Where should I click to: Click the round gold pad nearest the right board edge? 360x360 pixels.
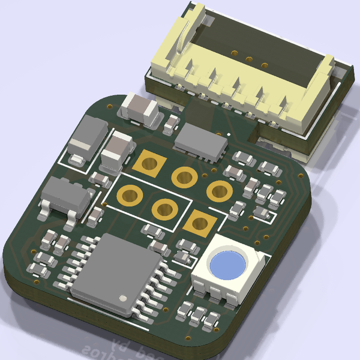[x=220, y=191]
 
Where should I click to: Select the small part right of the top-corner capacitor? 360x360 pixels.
[x=172, y=124]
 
